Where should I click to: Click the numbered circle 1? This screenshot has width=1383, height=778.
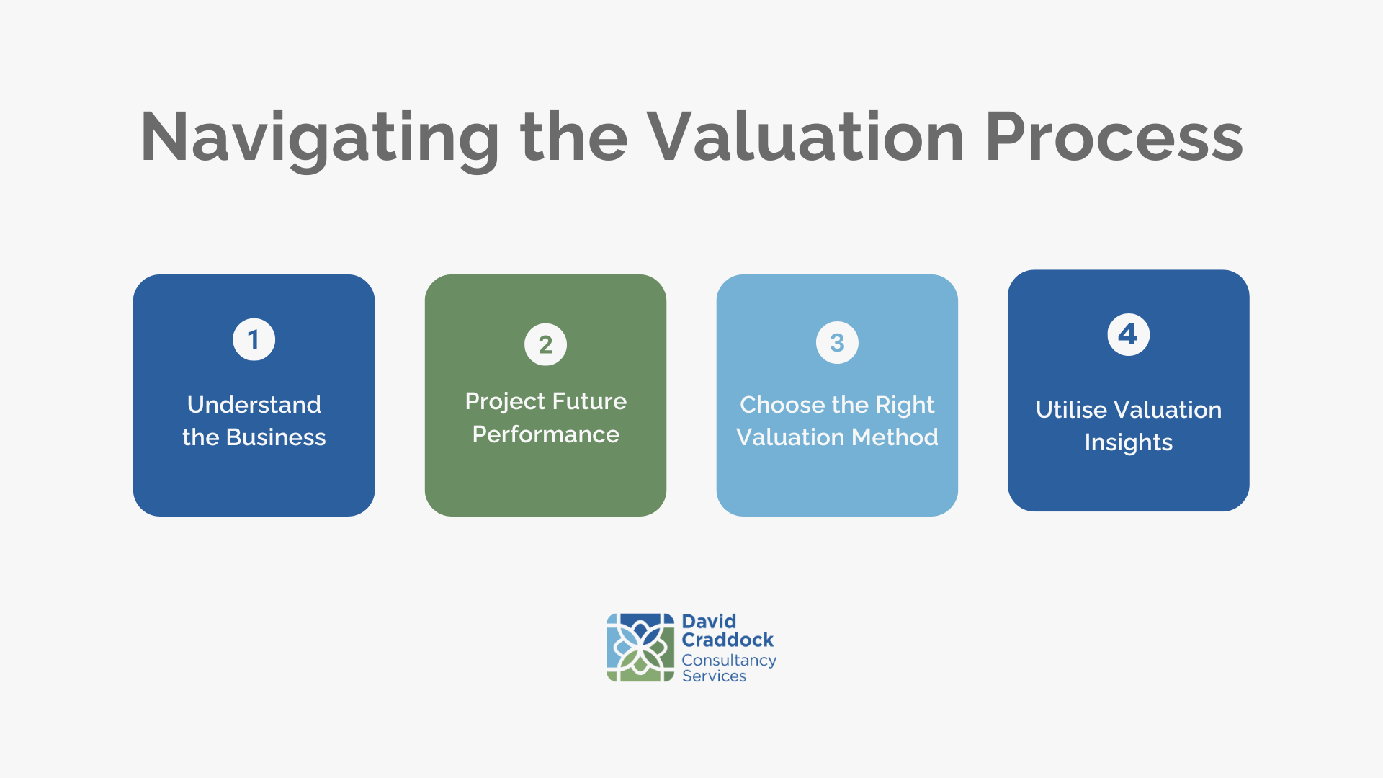(x=254, y=339)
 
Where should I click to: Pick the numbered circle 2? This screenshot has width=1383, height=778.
(x=545, y=344)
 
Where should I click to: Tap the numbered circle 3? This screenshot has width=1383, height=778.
(x=837, y=342)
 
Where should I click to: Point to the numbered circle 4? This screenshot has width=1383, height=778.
(x=1128, y=334)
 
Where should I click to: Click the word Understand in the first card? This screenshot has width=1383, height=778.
(x=254, y=405)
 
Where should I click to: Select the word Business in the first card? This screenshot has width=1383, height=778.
(x=276, y=437)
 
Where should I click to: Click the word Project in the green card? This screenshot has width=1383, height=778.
(x=506, y=402)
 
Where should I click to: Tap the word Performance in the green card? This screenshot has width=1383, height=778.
(x=546, y=434)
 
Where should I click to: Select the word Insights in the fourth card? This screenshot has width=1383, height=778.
(x=1129, y=443)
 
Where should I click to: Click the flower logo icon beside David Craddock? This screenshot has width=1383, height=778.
(x=640, y=648)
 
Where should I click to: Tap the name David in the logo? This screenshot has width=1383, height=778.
(x=709, y=621)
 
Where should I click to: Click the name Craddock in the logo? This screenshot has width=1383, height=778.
(x=728, y=640)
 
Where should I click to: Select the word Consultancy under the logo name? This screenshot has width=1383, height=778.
(x=729, y=661)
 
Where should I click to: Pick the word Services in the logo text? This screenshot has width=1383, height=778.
(x=714, y=676)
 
